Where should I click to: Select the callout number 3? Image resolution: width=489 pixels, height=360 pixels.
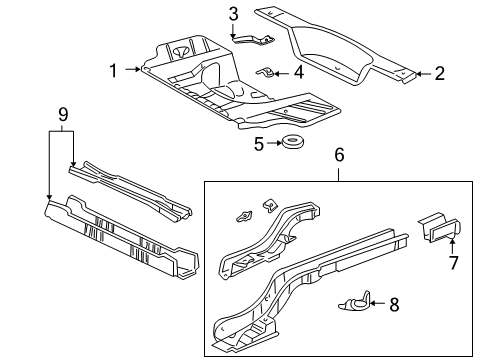click(x=233, y=13)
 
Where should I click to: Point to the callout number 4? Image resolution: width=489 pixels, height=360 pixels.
click(x=298, y=72)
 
